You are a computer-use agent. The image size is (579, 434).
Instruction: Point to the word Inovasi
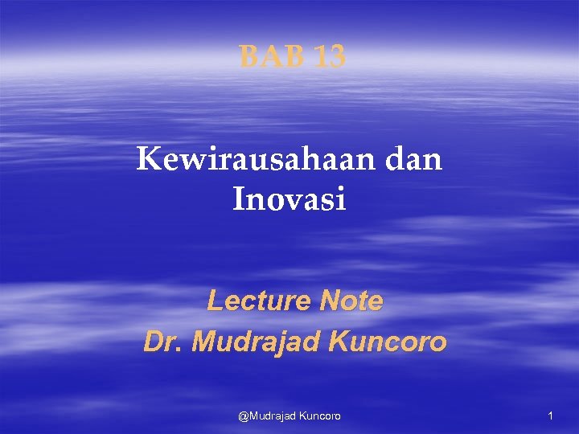coord(289,199)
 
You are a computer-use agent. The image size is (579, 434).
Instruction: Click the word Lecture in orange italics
coord(259,301)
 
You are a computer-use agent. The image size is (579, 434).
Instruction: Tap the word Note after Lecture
coord(351,301)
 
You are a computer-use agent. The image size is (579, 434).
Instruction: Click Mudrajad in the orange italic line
coord(257,342)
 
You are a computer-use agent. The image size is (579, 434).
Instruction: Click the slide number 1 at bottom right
coord(550,416)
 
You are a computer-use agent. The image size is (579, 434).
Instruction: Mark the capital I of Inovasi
coord(239,199)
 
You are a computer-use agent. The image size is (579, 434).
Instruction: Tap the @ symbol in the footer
coord(243,416)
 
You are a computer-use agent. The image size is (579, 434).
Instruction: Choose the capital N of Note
coord(330,301)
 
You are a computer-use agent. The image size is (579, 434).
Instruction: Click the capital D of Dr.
coord(153,342)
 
